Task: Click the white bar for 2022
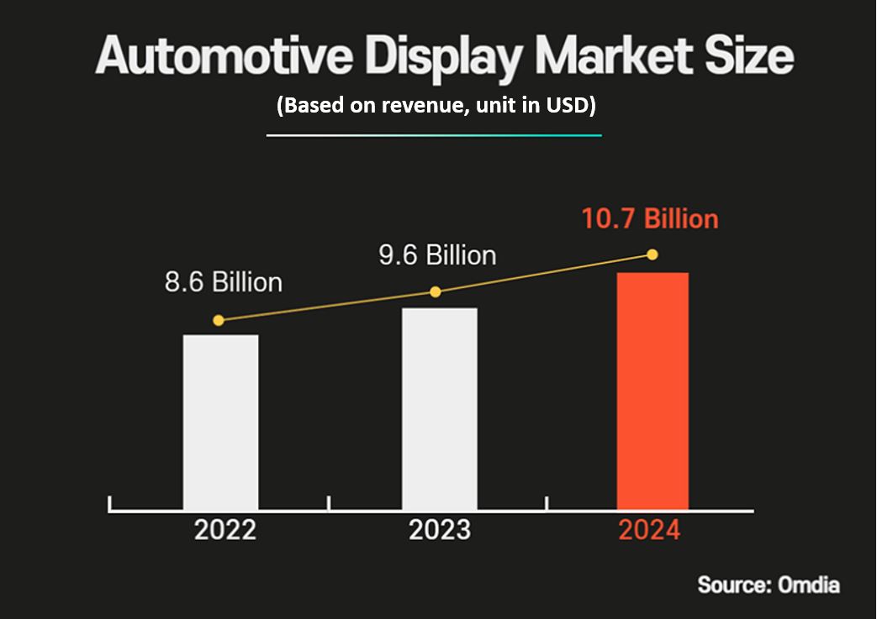[x=221, y=422]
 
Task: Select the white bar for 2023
[x=440, y=408]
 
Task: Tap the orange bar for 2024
[x=652, y=391]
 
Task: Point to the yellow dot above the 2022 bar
[x=219, y=320]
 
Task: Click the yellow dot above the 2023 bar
[x=436, y=291]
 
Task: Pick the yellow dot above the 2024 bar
[x=652, y=254]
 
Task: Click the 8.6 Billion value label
[x=224, y=282]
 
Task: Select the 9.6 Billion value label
[x=437, y=254]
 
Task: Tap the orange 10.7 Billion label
[x=650, y=218]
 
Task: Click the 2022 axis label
[x=225, y=531]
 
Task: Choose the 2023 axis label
[x=440, y=531]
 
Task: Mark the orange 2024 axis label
[x=649, y=531]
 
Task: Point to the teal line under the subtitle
[x=434, y=134]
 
